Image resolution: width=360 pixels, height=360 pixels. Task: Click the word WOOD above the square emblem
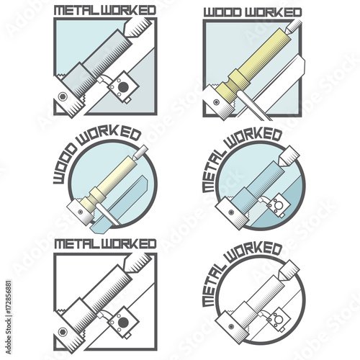click(x=222, y=12)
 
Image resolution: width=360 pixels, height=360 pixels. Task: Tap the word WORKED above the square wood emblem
click(x=273, y=12)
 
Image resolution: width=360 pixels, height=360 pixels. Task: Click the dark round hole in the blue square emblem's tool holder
click(x=123, y=86)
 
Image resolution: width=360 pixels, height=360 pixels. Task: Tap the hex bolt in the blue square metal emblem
click(x=63, y=96)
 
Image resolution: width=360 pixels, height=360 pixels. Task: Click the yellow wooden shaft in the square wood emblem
click(x=254, y=63)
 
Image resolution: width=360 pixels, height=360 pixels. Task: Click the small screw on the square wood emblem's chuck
click(x=217, y=102)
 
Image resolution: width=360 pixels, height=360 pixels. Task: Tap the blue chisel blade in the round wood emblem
click(x=120, y=204)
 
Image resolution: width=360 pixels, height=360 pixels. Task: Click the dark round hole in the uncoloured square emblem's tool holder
click(x=123, y=322)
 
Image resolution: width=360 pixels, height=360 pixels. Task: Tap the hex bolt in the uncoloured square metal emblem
click(x=63, y=332)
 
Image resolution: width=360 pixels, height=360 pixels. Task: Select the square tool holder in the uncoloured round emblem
click(x=279, y=319)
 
